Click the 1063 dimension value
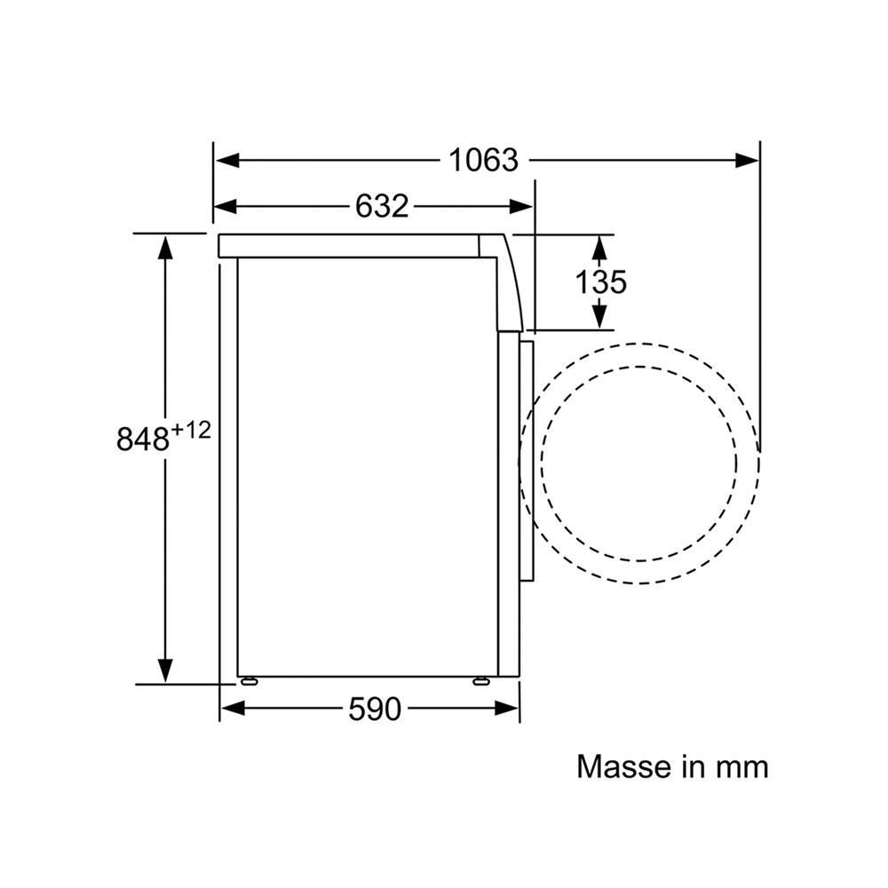coord(483,160)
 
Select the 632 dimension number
coord(382,206)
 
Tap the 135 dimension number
coord(601,282)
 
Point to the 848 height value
coord(143,439)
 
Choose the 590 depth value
coord(375,709)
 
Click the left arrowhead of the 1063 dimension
coord(227,160)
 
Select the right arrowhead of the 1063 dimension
coord(747,160)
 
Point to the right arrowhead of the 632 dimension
coord(520,207)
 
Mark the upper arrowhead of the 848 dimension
coord(165,247)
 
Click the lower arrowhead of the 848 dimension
coord(165,671)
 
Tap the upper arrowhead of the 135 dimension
coord(599,248)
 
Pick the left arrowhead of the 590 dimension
coord(233,708)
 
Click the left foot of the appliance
coord(249,681)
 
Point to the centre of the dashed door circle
coord(638,464)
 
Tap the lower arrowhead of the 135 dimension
coord(599,317)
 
